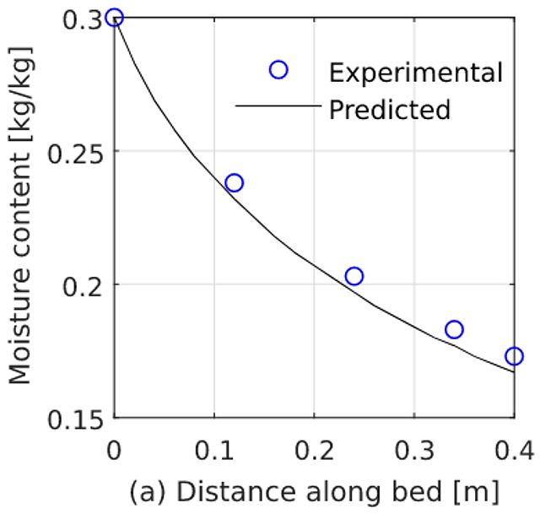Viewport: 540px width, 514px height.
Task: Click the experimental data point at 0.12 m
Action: coord(235,182)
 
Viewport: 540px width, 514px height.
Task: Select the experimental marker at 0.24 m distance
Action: coord(354,276)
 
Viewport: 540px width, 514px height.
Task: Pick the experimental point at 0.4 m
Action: coord(514,356)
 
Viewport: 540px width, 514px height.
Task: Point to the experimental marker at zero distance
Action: coord(116,17)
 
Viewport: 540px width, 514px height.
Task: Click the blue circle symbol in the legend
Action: coord(278,70)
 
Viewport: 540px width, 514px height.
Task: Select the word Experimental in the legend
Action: coord(416,72)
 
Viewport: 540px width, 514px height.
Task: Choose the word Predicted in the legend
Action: coord(390,110)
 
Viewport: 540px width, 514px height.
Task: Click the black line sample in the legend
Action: coord(278,106)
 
